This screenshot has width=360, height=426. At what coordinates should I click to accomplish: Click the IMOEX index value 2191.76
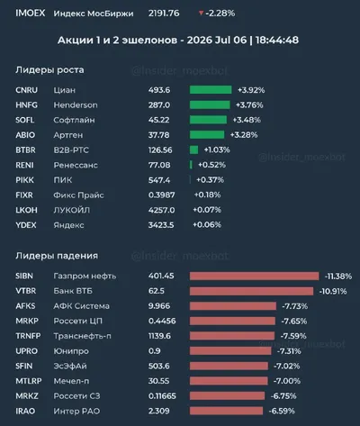pos(164,14)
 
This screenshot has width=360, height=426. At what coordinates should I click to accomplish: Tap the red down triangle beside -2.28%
pos(201,13)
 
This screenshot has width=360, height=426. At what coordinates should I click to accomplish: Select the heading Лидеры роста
pos(49,70)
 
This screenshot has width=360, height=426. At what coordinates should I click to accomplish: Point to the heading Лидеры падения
pos(57,256)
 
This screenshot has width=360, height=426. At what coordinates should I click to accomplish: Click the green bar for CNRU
pos(211,90)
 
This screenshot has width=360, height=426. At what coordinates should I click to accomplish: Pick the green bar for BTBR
pos(193,150)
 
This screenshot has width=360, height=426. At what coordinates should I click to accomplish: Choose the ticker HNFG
pos(26,105)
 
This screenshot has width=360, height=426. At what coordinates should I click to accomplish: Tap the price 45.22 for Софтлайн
pos(158,120)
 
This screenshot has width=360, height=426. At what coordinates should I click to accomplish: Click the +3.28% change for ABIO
pos(244,135)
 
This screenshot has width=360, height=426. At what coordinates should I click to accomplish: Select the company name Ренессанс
pos(76,165)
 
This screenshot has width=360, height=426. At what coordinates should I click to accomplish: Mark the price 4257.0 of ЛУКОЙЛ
pos(161,210)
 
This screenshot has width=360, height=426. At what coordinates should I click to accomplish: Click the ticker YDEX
pos(26,225)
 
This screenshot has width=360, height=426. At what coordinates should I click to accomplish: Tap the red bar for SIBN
pos(254,276)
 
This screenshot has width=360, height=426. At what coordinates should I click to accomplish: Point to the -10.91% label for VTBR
pos(333,291)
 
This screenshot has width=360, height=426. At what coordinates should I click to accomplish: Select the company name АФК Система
pos(81,306)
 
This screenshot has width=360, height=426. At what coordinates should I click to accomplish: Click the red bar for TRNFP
pos(232,336)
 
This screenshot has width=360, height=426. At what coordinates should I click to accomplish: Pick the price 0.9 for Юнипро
pos(154,351)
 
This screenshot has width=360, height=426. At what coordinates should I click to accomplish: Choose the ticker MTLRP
pos(29,381)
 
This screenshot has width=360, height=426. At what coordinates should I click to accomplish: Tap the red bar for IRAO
pos(226,411)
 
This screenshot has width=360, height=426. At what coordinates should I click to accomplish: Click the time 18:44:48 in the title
pos(277,41)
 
